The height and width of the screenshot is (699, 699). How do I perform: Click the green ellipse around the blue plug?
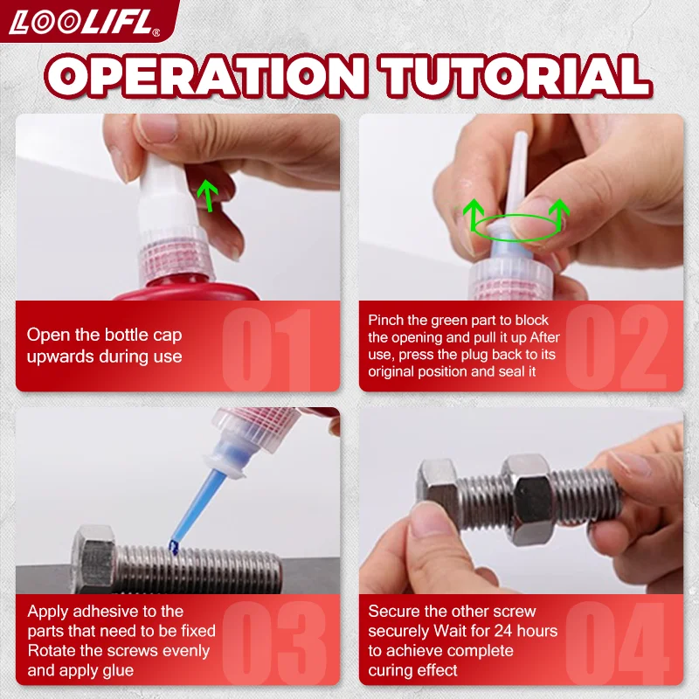click(x=516, y=226)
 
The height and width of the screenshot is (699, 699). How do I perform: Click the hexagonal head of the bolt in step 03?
click(x=96, y=559)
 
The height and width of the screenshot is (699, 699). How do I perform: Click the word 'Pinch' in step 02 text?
click(x=387, y=321)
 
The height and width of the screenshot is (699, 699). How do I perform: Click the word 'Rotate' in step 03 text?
click(x=51, y=651)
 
